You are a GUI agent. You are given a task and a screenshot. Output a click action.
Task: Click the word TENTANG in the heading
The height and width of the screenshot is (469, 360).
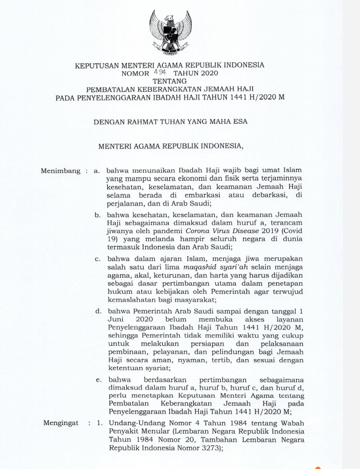170,81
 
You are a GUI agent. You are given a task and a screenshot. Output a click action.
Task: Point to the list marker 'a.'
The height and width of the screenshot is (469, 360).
97,171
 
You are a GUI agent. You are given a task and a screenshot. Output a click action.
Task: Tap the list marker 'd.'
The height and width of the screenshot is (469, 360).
98,310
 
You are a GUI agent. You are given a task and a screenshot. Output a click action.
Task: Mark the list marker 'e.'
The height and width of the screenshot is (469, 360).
98,379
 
